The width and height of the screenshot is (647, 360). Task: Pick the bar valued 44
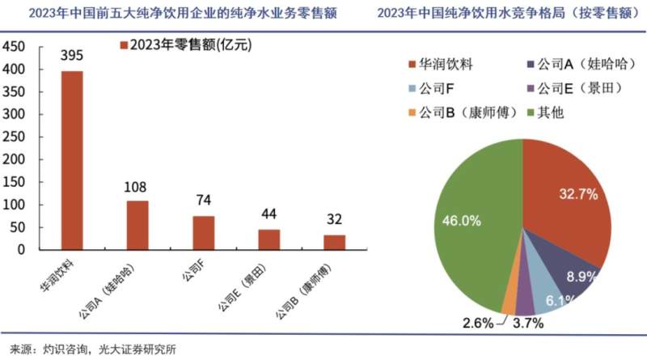point(269,239)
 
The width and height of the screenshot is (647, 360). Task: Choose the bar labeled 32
point(333,242)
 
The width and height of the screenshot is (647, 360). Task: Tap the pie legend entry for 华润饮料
point(445,63)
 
